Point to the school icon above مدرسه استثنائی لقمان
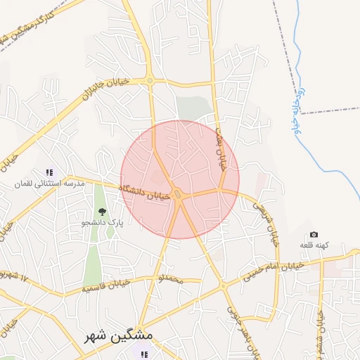pos(49,172)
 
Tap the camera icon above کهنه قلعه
pos(314,234)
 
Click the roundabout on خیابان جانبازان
pos(150,81)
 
